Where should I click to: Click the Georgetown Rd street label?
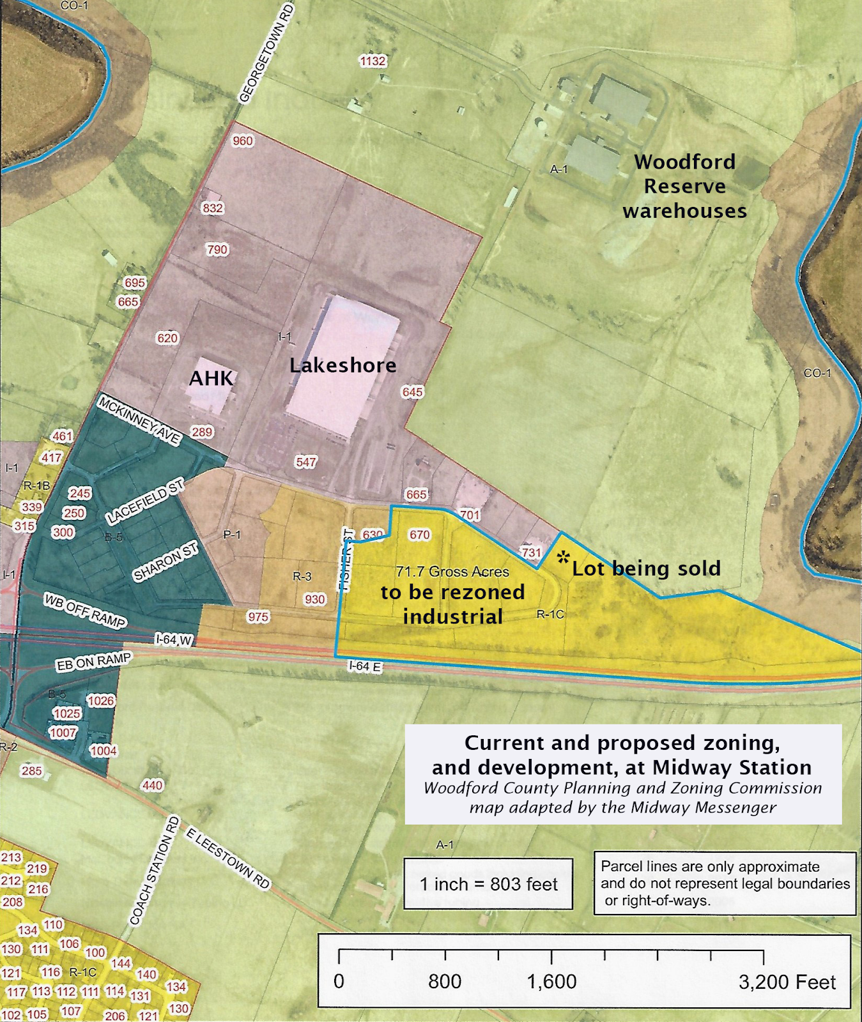click(x=266, y=53)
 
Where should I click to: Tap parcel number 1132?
click(x=373, y=61)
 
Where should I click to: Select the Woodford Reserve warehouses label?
click(x=684, y=187)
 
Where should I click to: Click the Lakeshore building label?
click(x=343, y=365)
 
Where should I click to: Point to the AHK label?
click(x=212, y=378)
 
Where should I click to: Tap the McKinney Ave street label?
click(x=139, y=420)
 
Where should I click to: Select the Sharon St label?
click(x=165, y=561)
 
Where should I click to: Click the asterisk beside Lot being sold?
click(x=563, y=557)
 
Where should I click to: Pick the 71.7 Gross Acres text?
click(x=452, y=572)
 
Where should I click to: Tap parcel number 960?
click(x=243, y=141)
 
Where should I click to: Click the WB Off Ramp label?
click(x=85, y=611)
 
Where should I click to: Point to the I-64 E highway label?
click(x=365, y=666)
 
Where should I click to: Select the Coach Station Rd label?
click(x=155, y=871)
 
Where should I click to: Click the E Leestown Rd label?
click(x=228, y=858)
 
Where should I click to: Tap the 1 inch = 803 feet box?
click(x=488, y=884)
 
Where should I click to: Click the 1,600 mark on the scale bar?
click(x=551, y=982)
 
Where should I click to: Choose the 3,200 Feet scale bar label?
click(x=787, y=982)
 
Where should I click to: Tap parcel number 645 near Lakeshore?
click(x=413, y=392)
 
